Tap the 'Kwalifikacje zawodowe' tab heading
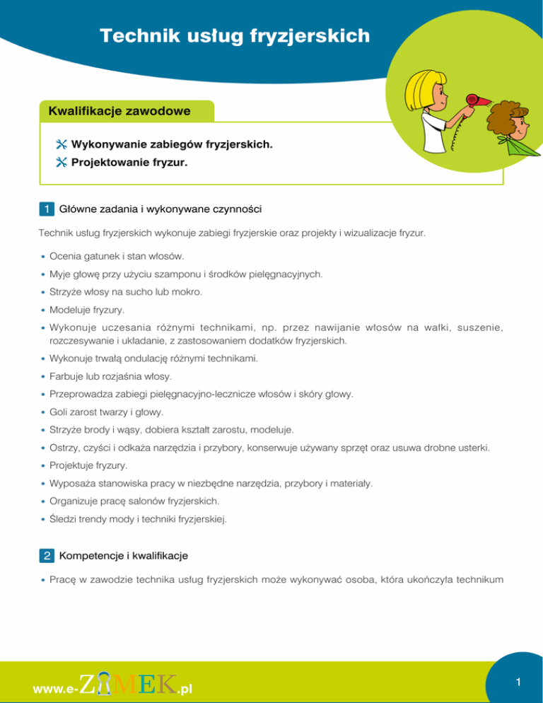pyautogui.click(x=119, y=111)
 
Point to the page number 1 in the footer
pyautogui.click(x=518, y=682)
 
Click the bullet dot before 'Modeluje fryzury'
pyautogui.click(x=44, y=310)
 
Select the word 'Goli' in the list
pyautogui.click(x=59, y=411)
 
